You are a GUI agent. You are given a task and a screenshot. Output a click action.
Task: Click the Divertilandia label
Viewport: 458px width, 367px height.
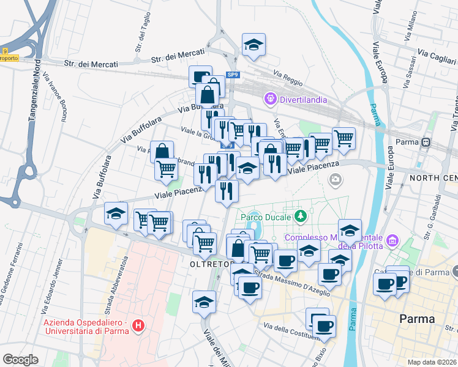[304, 99]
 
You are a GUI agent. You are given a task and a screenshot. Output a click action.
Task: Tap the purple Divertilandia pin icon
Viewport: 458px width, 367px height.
[270, 98]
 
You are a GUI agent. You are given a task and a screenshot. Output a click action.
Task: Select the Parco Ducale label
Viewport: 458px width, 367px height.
[264, 216]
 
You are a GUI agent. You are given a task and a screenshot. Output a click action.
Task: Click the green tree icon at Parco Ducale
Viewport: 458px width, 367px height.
[301, 216]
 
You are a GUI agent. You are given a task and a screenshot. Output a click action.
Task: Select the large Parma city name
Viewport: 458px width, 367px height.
[416, 319]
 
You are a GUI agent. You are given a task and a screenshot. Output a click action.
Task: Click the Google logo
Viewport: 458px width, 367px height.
[20, 359]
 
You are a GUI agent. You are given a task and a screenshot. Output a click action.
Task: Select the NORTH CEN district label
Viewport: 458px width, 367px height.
[434, 178]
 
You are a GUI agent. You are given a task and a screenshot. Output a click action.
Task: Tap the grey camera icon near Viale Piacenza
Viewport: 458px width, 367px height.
[335, 179]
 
